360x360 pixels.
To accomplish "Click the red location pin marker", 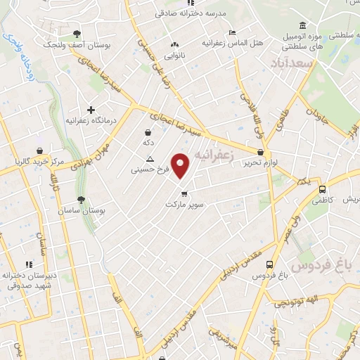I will (x=181, y=165).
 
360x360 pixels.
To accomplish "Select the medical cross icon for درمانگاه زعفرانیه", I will (x=90, y=109).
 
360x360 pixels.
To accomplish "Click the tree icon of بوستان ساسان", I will (x=82, y=200).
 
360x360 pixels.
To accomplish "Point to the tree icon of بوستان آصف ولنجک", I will (x=77, y=34).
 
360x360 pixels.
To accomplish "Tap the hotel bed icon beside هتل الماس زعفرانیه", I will (x=233, y=32).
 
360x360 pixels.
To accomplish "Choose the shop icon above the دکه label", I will (x=148, y=132).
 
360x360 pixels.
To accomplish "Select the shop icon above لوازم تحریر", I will (x=261, y=152).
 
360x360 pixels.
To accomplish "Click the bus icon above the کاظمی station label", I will (x=322, y=189).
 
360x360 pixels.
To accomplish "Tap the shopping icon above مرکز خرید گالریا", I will (x=41, y=150).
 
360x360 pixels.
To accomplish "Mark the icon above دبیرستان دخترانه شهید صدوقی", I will (x=29, y=264).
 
